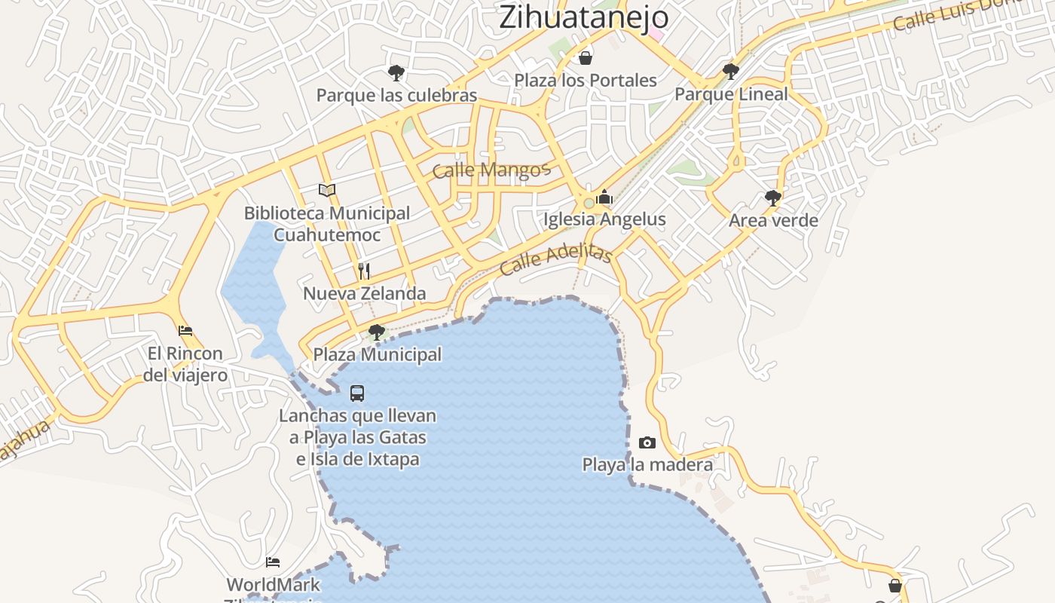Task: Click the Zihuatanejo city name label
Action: pyautogui.click(x=584, y=17)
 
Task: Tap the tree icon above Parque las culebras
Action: pyautogui.click(x=396, y=73)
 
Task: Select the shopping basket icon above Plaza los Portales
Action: pyautogui.click(x=586, y=58)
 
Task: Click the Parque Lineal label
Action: pyautogui.click(x=731, y=94)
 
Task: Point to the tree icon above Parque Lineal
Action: pyautogui.click(x=730, y=72)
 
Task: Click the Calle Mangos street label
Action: pyautogui.click(x=491, y=170)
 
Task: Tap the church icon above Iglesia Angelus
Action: pyautogui.click(x=604, y=197)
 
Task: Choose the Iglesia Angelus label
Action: pyautogui.click(x=605, y=219)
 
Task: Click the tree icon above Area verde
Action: pyautogui.click(x=772, y=198)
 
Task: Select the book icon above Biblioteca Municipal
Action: pyautogui.click(x=326, y=191)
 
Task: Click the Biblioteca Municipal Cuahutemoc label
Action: pyautogui.click(x=327, y=224)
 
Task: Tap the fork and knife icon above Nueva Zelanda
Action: pyautogui.click(x=364, y=271)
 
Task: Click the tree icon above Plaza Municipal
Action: pyautogui.click(x=376, y=332)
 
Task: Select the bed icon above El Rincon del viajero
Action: pyautogui.click(x=185, y=331)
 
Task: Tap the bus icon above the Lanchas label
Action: pyautogui.click(x=357, y=393)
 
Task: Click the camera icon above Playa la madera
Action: pyautogui.click(x=647, y=443)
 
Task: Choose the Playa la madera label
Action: pyautogui.click(x=647, y=464)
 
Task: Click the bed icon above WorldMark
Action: pyautogui.click(x=273, y=562)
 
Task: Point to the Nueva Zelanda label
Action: pyautogui.click(x=365, y=293)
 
